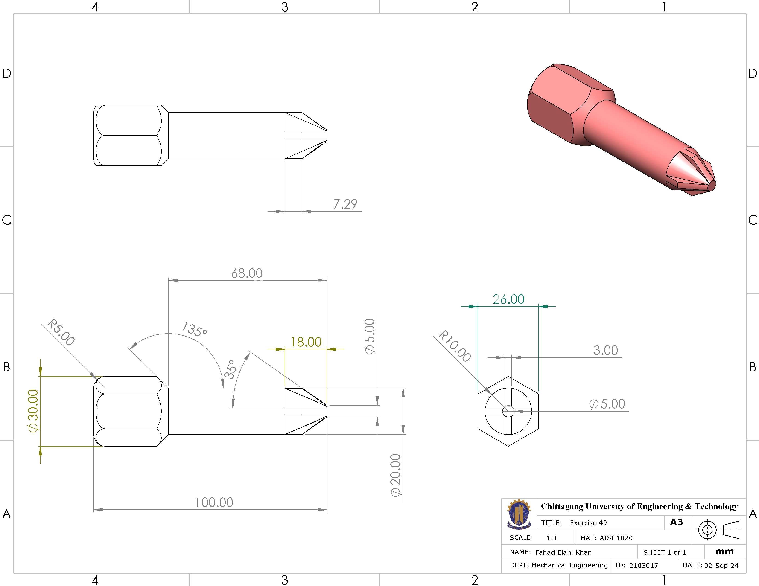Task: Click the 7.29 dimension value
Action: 345,204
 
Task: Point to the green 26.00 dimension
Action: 508,299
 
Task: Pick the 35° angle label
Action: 230,369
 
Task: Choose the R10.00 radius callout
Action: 455,346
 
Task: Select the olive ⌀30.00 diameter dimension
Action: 33,411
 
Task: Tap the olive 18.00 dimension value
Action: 306,342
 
